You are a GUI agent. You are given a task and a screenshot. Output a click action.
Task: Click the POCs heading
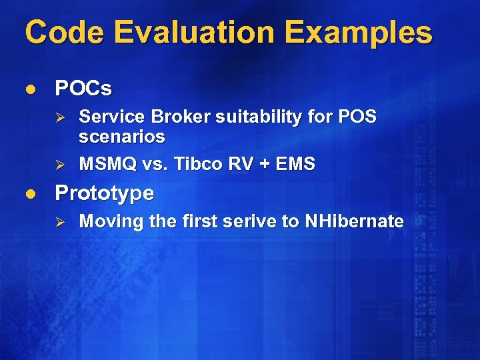pyautogui.click(x=83, y=88)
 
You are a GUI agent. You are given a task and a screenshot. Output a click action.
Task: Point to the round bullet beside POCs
pyautogui.click(x=29, y=88)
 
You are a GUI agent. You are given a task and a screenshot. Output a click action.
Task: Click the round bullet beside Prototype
pyautogui.click(x=29, y=194)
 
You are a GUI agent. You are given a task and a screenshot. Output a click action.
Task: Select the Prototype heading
pyautogui.click(x=104, y=194)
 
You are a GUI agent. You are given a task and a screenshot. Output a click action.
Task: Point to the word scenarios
pyautogui.click(x=121, y=137)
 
